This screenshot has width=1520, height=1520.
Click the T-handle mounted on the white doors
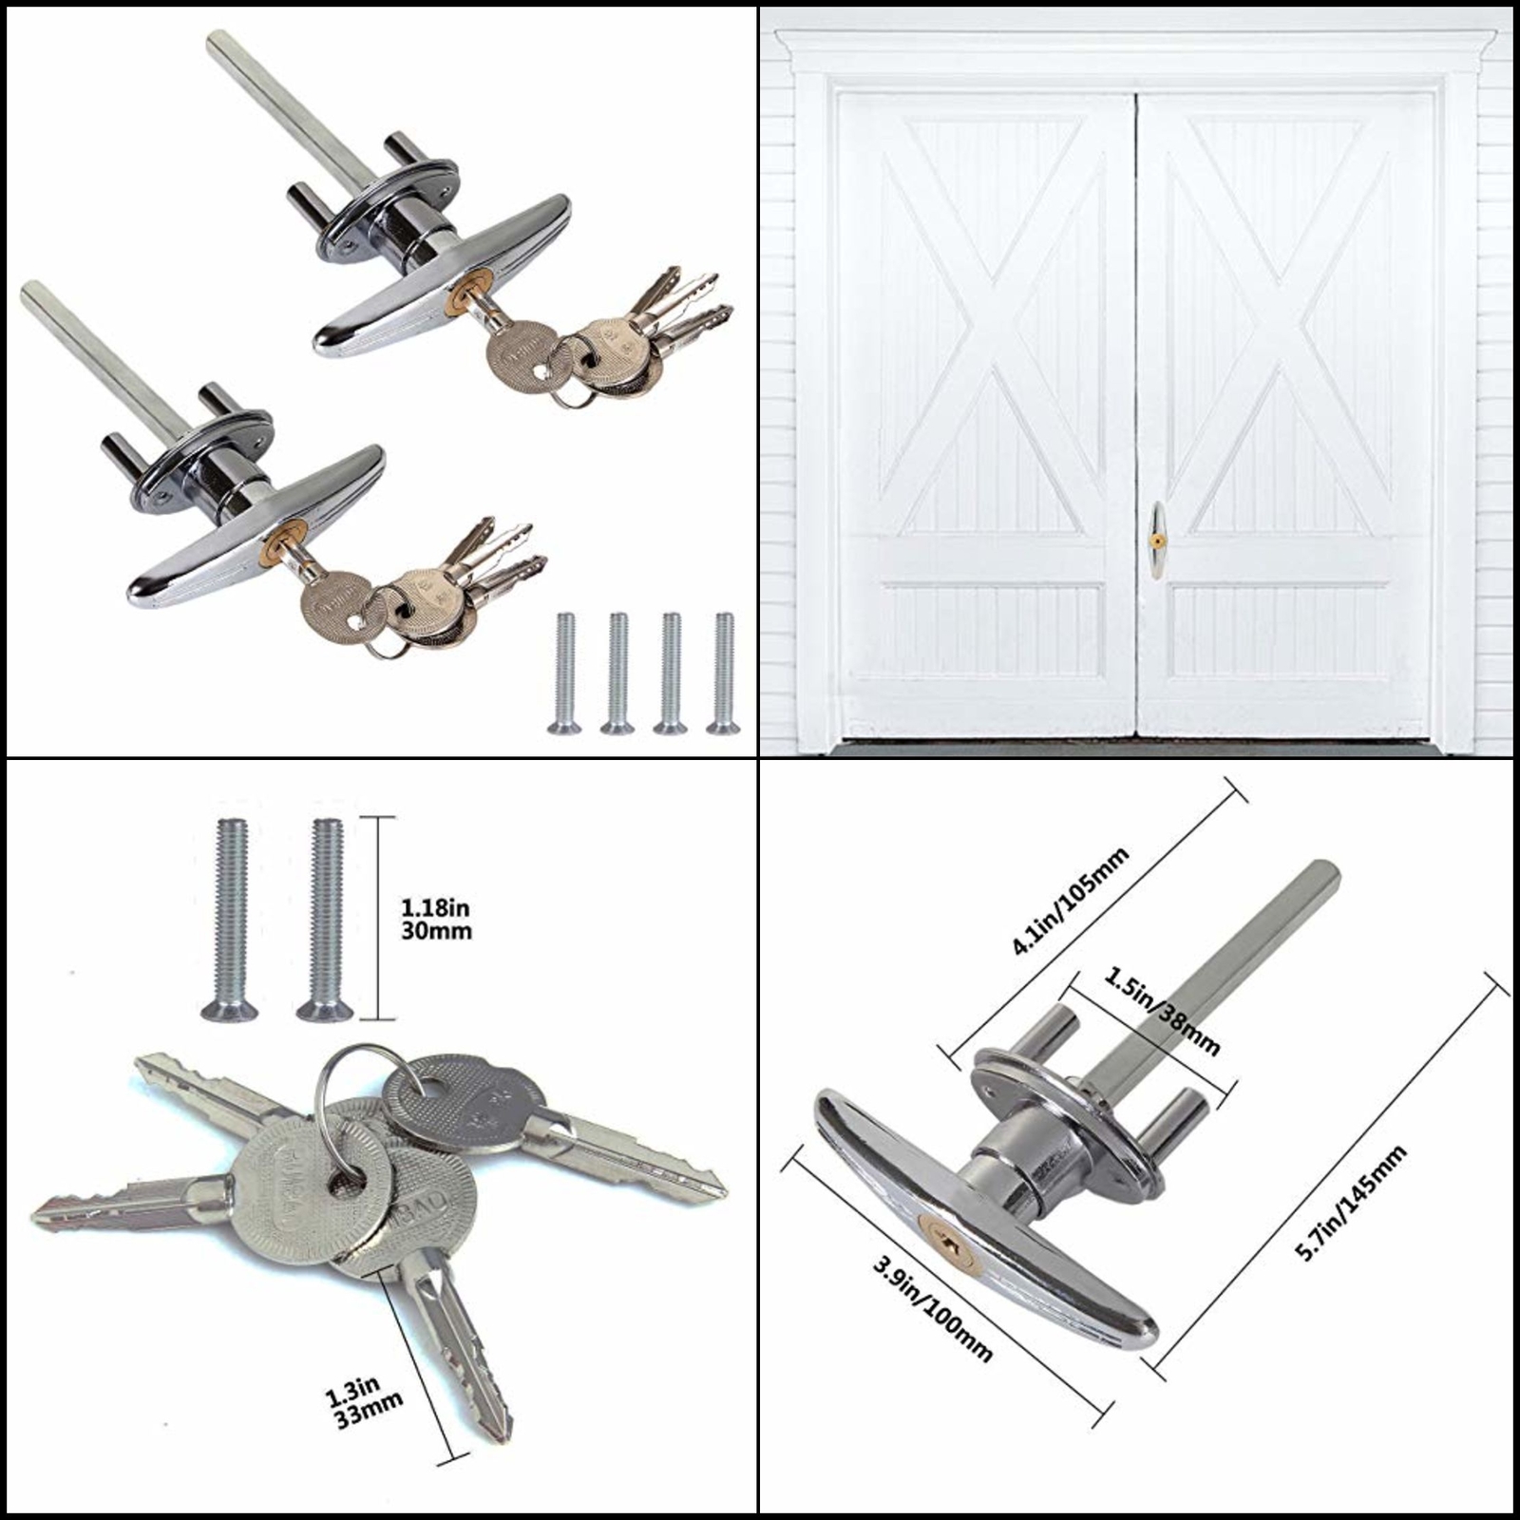tap(1156, 540)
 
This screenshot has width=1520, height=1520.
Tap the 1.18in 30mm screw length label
tap(436, 919)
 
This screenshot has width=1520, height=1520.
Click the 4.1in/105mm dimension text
tap(1071, 901)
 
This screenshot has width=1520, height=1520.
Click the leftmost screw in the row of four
tap(564, 673)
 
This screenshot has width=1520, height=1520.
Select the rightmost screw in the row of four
tap(723, 673)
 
